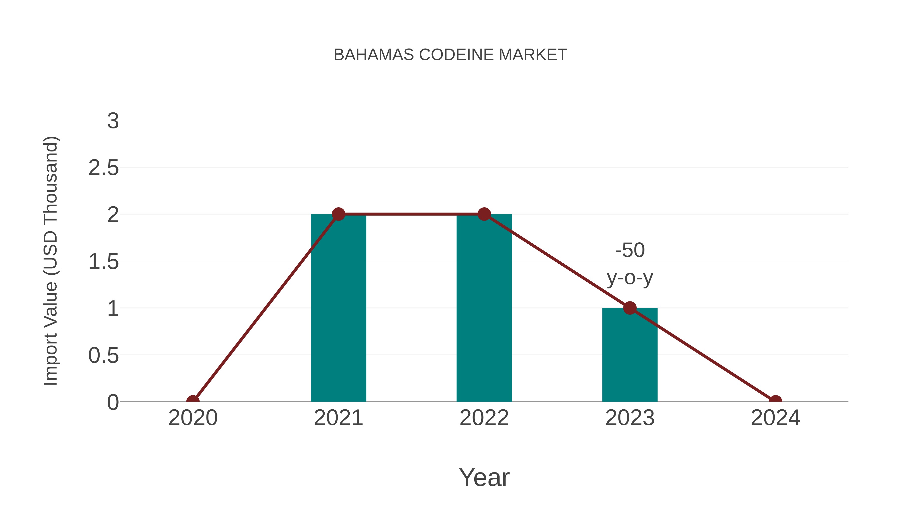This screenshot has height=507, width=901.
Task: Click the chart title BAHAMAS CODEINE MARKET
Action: point(450,55)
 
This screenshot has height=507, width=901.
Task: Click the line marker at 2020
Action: point(193,401)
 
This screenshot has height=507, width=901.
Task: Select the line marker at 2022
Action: point(484,214)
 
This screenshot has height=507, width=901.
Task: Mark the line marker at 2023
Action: point(630,308)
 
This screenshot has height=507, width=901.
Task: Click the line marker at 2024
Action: point(775,401)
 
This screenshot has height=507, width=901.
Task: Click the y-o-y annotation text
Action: point(630,278)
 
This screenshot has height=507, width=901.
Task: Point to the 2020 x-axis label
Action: point(193,418)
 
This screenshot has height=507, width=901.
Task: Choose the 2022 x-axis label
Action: point(484,418)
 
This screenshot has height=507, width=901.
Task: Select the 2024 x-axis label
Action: point(775,418)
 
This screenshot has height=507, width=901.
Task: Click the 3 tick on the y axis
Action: point(113,121)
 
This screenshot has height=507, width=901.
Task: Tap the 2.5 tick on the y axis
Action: point(104,168)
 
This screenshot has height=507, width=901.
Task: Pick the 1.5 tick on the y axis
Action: point(104,262)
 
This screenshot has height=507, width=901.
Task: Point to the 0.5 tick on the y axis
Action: point(104,356)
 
